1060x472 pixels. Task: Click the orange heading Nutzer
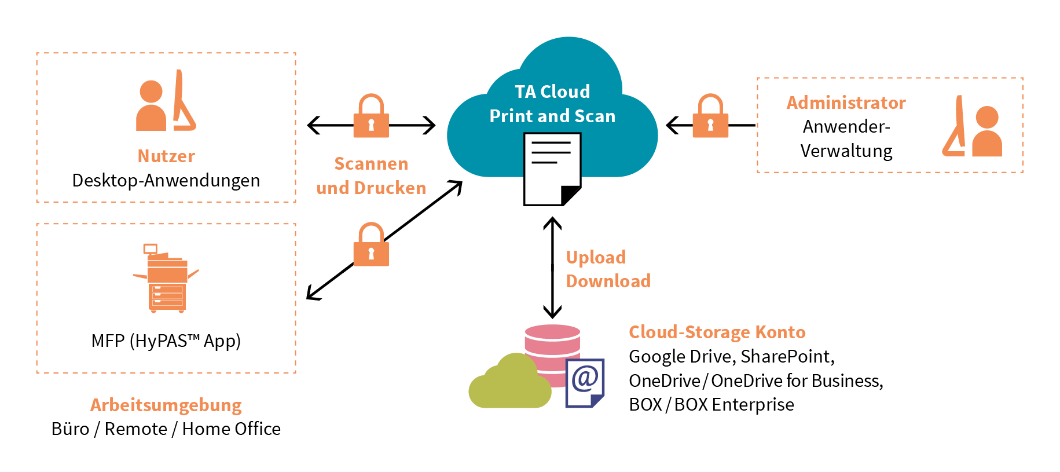click(x=166, y=156)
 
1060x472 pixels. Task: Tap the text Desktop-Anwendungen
click(x=166, y=181)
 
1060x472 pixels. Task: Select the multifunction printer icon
click(x=166, y=279)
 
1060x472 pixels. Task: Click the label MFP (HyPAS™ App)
click(x=166, y=341)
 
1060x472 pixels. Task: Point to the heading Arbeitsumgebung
click(x=166, y=405)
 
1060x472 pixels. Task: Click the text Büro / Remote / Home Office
click(x=166, y=429)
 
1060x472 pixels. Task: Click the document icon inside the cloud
click(x=552, y=169)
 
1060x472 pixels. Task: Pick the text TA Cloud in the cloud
click(x=552, y=92)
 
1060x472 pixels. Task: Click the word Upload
click(x=596, y=257)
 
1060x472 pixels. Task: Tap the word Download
click(x=608, y=281)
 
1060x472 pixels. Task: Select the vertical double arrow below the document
click(x=552, y=268)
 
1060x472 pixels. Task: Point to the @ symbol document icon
click(x=585, y=382)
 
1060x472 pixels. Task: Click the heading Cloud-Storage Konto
click(x=717, y=332)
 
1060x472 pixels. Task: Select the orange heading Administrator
click(x=846, y=103)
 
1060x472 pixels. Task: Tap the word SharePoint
click(x=786, y=356)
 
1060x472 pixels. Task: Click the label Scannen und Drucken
click(x=371, y=176)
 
